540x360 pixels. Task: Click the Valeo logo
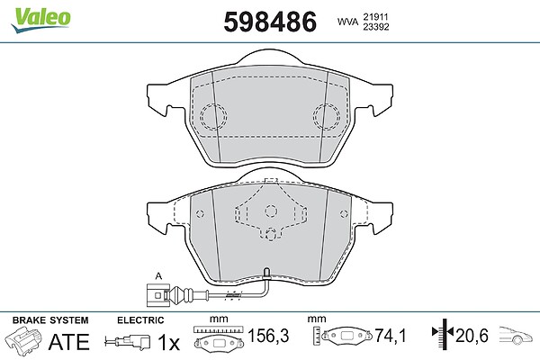(40, 20)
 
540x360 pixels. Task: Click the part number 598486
(270, 22)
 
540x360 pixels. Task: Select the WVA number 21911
(375, 17)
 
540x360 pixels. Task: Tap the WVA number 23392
(375, 27)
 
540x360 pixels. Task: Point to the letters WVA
(347, 22)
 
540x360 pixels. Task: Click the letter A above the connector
(158, 276)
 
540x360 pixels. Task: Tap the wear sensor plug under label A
(157, 295)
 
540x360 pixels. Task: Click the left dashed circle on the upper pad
(213, 116)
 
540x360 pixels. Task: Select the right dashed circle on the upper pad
(327, 116)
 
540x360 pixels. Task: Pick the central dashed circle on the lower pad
(271, 211)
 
